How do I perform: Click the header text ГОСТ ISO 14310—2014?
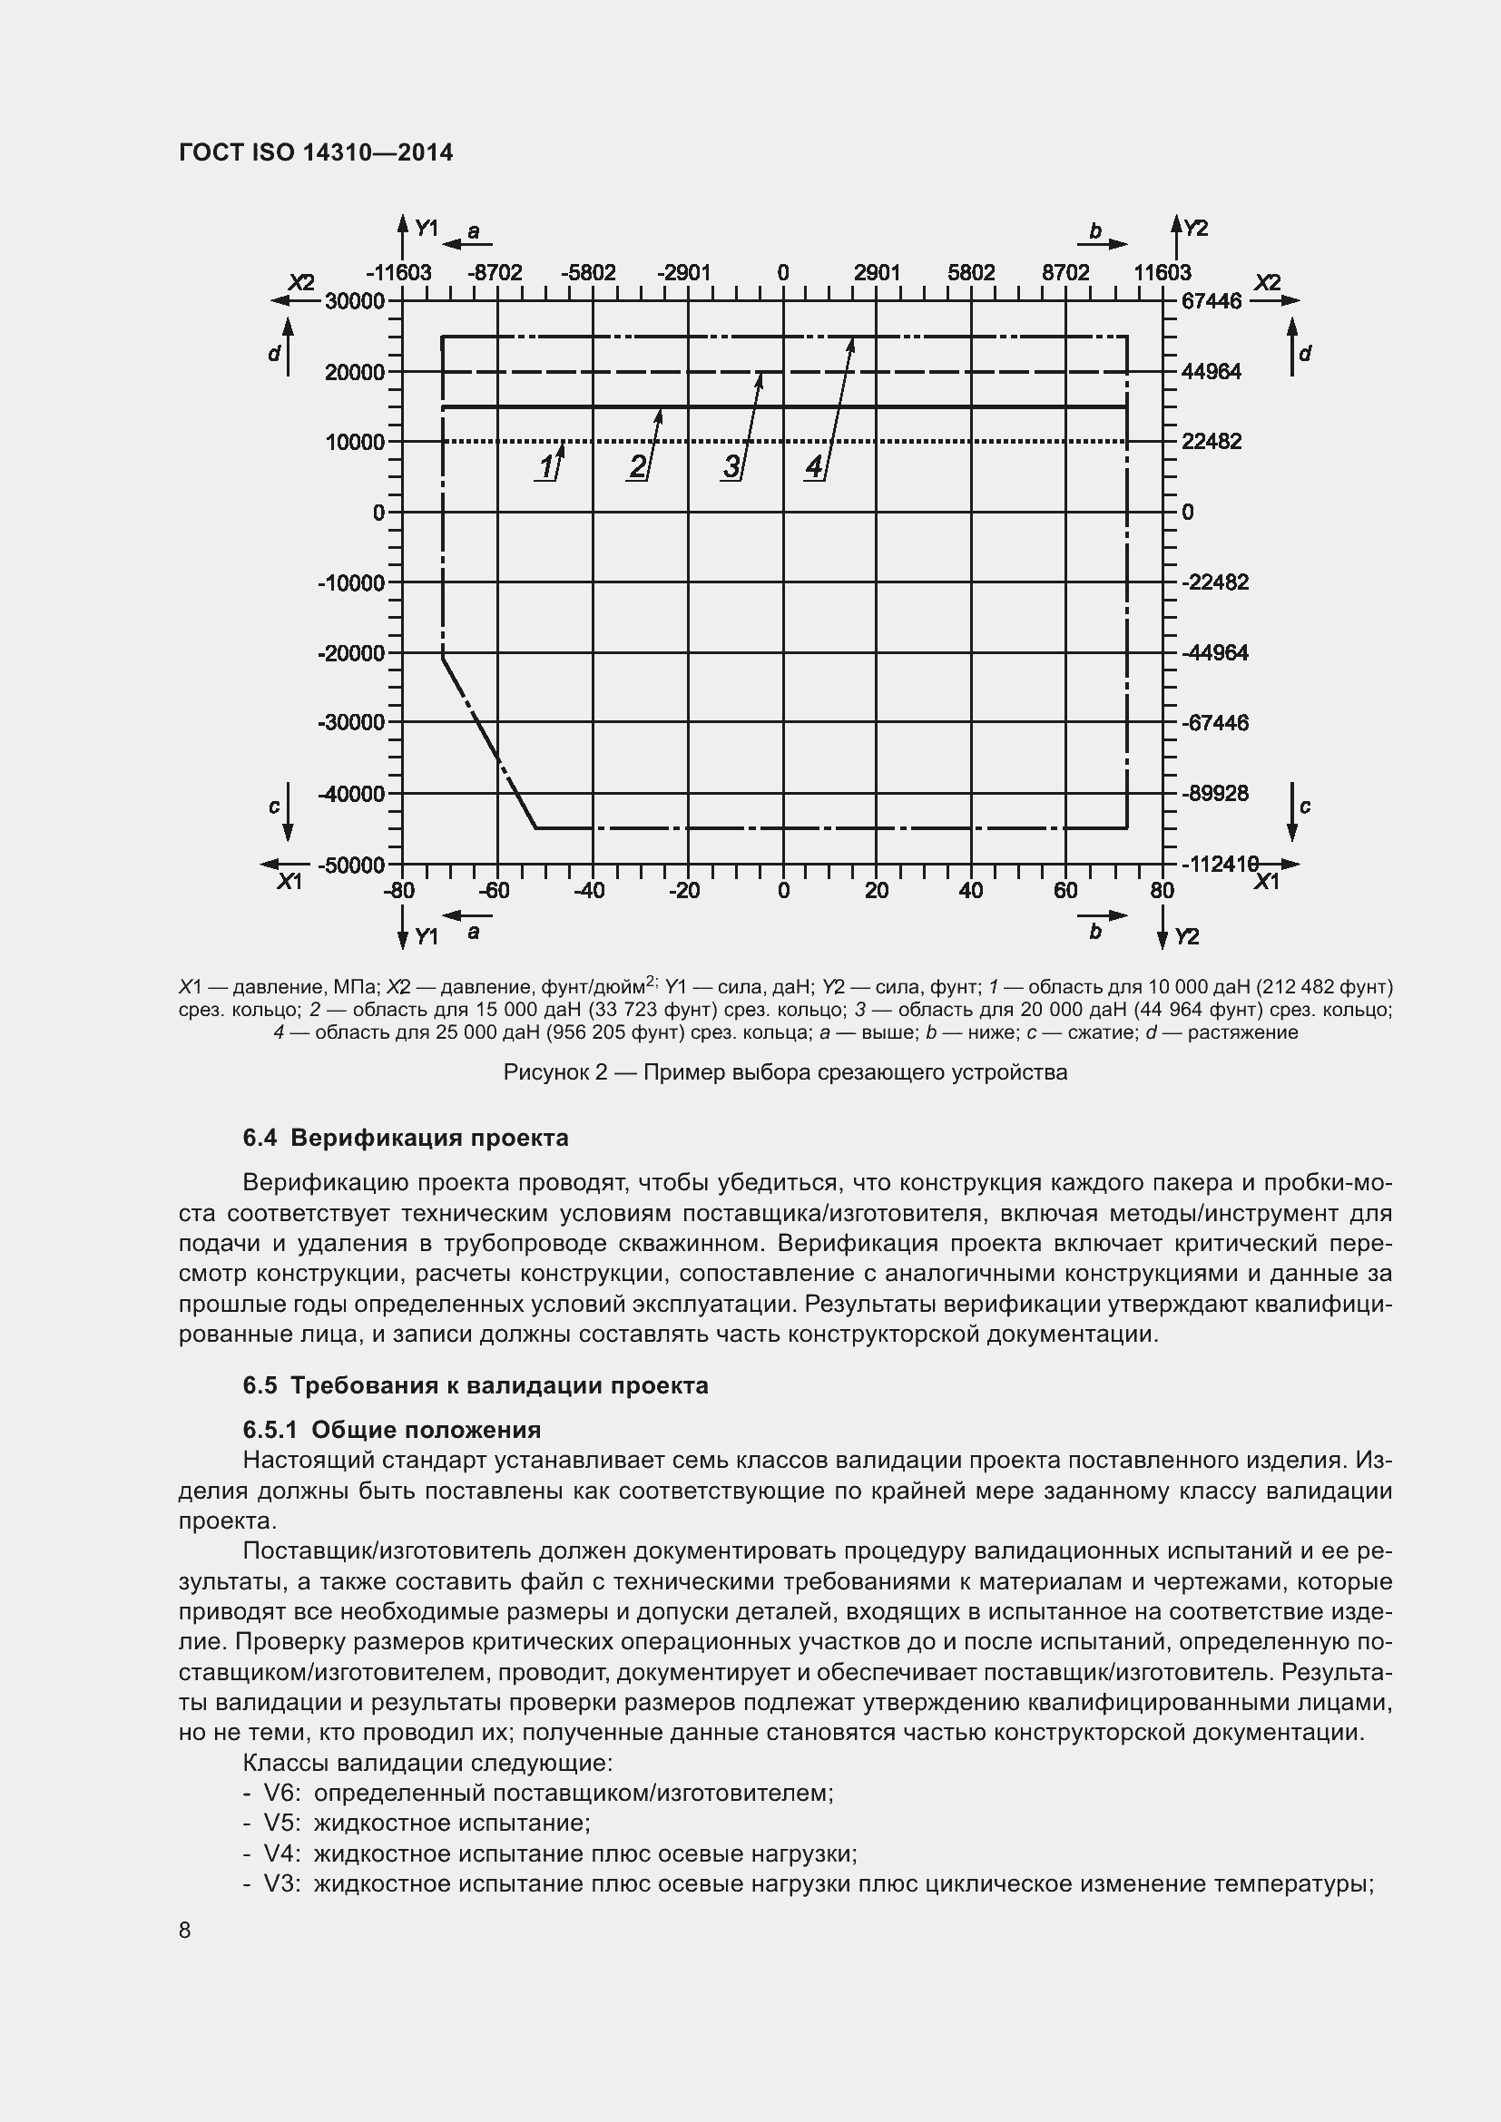click(315, 152)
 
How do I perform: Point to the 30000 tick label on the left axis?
click(354, 301)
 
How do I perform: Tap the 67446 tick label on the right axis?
click(1211, 301)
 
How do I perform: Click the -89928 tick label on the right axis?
click(1214, 793)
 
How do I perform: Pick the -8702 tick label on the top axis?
click(495, 273)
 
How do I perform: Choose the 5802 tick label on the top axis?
click(970, 273)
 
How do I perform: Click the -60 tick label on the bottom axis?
click(496, 891)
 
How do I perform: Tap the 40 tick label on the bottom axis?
click(970, 891)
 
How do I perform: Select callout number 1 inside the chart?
click(546, 466)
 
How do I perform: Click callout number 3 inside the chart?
click(731, 466)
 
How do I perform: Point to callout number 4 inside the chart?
click(813, 466)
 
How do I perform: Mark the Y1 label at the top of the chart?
click(427, 229)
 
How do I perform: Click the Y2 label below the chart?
click(1186, 937)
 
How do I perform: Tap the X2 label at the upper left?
click(301, 283)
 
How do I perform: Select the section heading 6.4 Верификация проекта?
click(405, 1138)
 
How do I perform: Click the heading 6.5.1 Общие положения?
click(392, 1430)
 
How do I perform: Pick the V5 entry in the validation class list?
click(416, 1824)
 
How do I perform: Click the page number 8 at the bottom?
click(185, 1931)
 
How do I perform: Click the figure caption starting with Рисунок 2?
click(785, 1072)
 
